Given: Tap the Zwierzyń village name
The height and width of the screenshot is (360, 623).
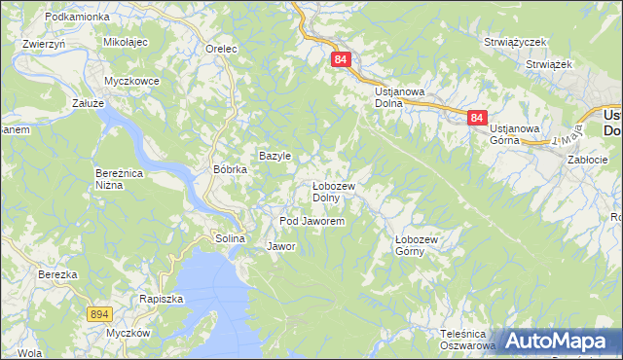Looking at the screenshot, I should point(43,44).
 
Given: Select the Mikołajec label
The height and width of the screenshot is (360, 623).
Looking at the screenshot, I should point(125,43).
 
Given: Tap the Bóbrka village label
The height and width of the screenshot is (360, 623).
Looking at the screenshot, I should point(231,168).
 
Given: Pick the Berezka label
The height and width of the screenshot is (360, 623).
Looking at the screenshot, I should point(57,274).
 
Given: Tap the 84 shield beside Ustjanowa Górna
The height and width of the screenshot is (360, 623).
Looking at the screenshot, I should point(476,118).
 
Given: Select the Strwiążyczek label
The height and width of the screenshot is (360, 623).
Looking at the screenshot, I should point(516,43).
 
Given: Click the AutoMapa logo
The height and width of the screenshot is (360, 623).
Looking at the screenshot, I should point(558,342).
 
